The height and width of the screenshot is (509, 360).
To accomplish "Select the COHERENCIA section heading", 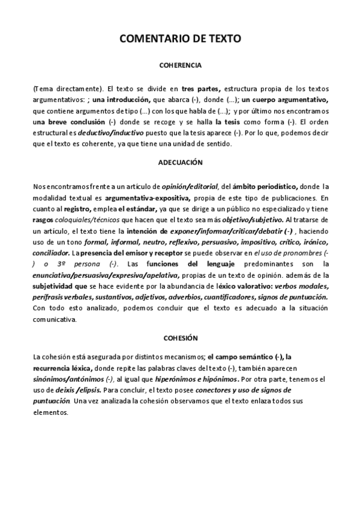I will (x=180, y=64).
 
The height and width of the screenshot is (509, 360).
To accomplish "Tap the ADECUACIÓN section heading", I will (x=180, y=163).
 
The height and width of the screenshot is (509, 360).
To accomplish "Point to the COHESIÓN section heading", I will (x=180, y=339).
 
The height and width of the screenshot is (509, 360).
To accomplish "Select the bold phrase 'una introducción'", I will (x=122, y=100).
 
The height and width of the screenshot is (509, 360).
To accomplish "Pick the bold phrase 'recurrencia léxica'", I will (x=62, y=368).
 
